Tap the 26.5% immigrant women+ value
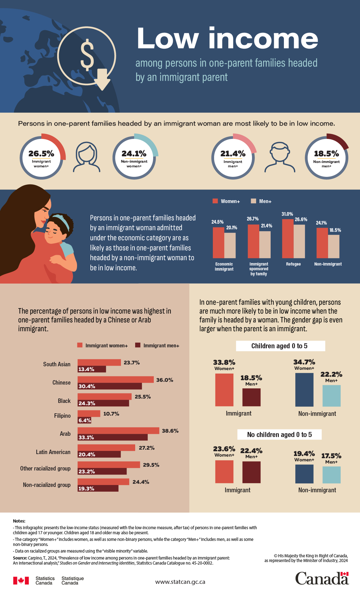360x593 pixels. pyautogui.click(x=41, y=154)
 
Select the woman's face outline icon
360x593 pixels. pyautogui.click(x=87, y=157)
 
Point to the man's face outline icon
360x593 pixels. pyautogui.click(x=280, y=157)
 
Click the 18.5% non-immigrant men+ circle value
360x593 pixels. pyautogui.click(x=326, y=154)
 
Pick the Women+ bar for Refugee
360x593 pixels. pyautogui.click(x=288, y=238)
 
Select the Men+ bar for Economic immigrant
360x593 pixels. pyautogui.click(x=230, y=245)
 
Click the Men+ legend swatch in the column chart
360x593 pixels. pyautogui.click(x=253, y=201)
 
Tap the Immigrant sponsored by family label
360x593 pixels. pyautogui.click(x=259, y=269)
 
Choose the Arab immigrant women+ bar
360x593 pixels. pyautogui.click(x=118, y=431)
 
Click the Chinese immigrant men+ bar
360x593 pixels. pyautogui.click(x=110, y=386)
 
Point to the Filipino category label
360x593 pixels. pyautogui.click(x=62, y=416)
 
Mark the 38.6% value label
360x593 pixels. pyautogui.click(x=170, y=431)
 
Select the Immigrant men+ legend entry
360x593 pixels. pyautogui.click(x=157, y=345)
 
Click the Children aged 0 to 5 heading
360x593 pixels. pyautogui.click(x=280, y=346)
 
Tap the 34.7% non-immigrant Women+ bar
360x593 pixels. pyautogui.click(x=304, y=390)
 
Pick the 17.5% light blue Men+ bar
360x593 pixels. pyautogui.click(x=331, y=475)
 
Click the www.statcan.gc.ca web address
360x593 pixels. pyautogui.click(x=180, y=582)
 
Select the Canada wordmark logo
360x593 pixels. pyautogui.click(x=322, y=578)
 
